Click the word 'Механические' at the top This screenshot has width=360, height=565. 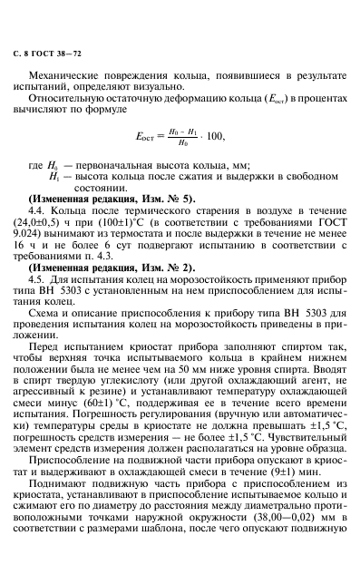click(73, 69)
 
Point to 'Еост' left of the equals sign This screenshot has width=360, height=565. click(144, 137)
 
